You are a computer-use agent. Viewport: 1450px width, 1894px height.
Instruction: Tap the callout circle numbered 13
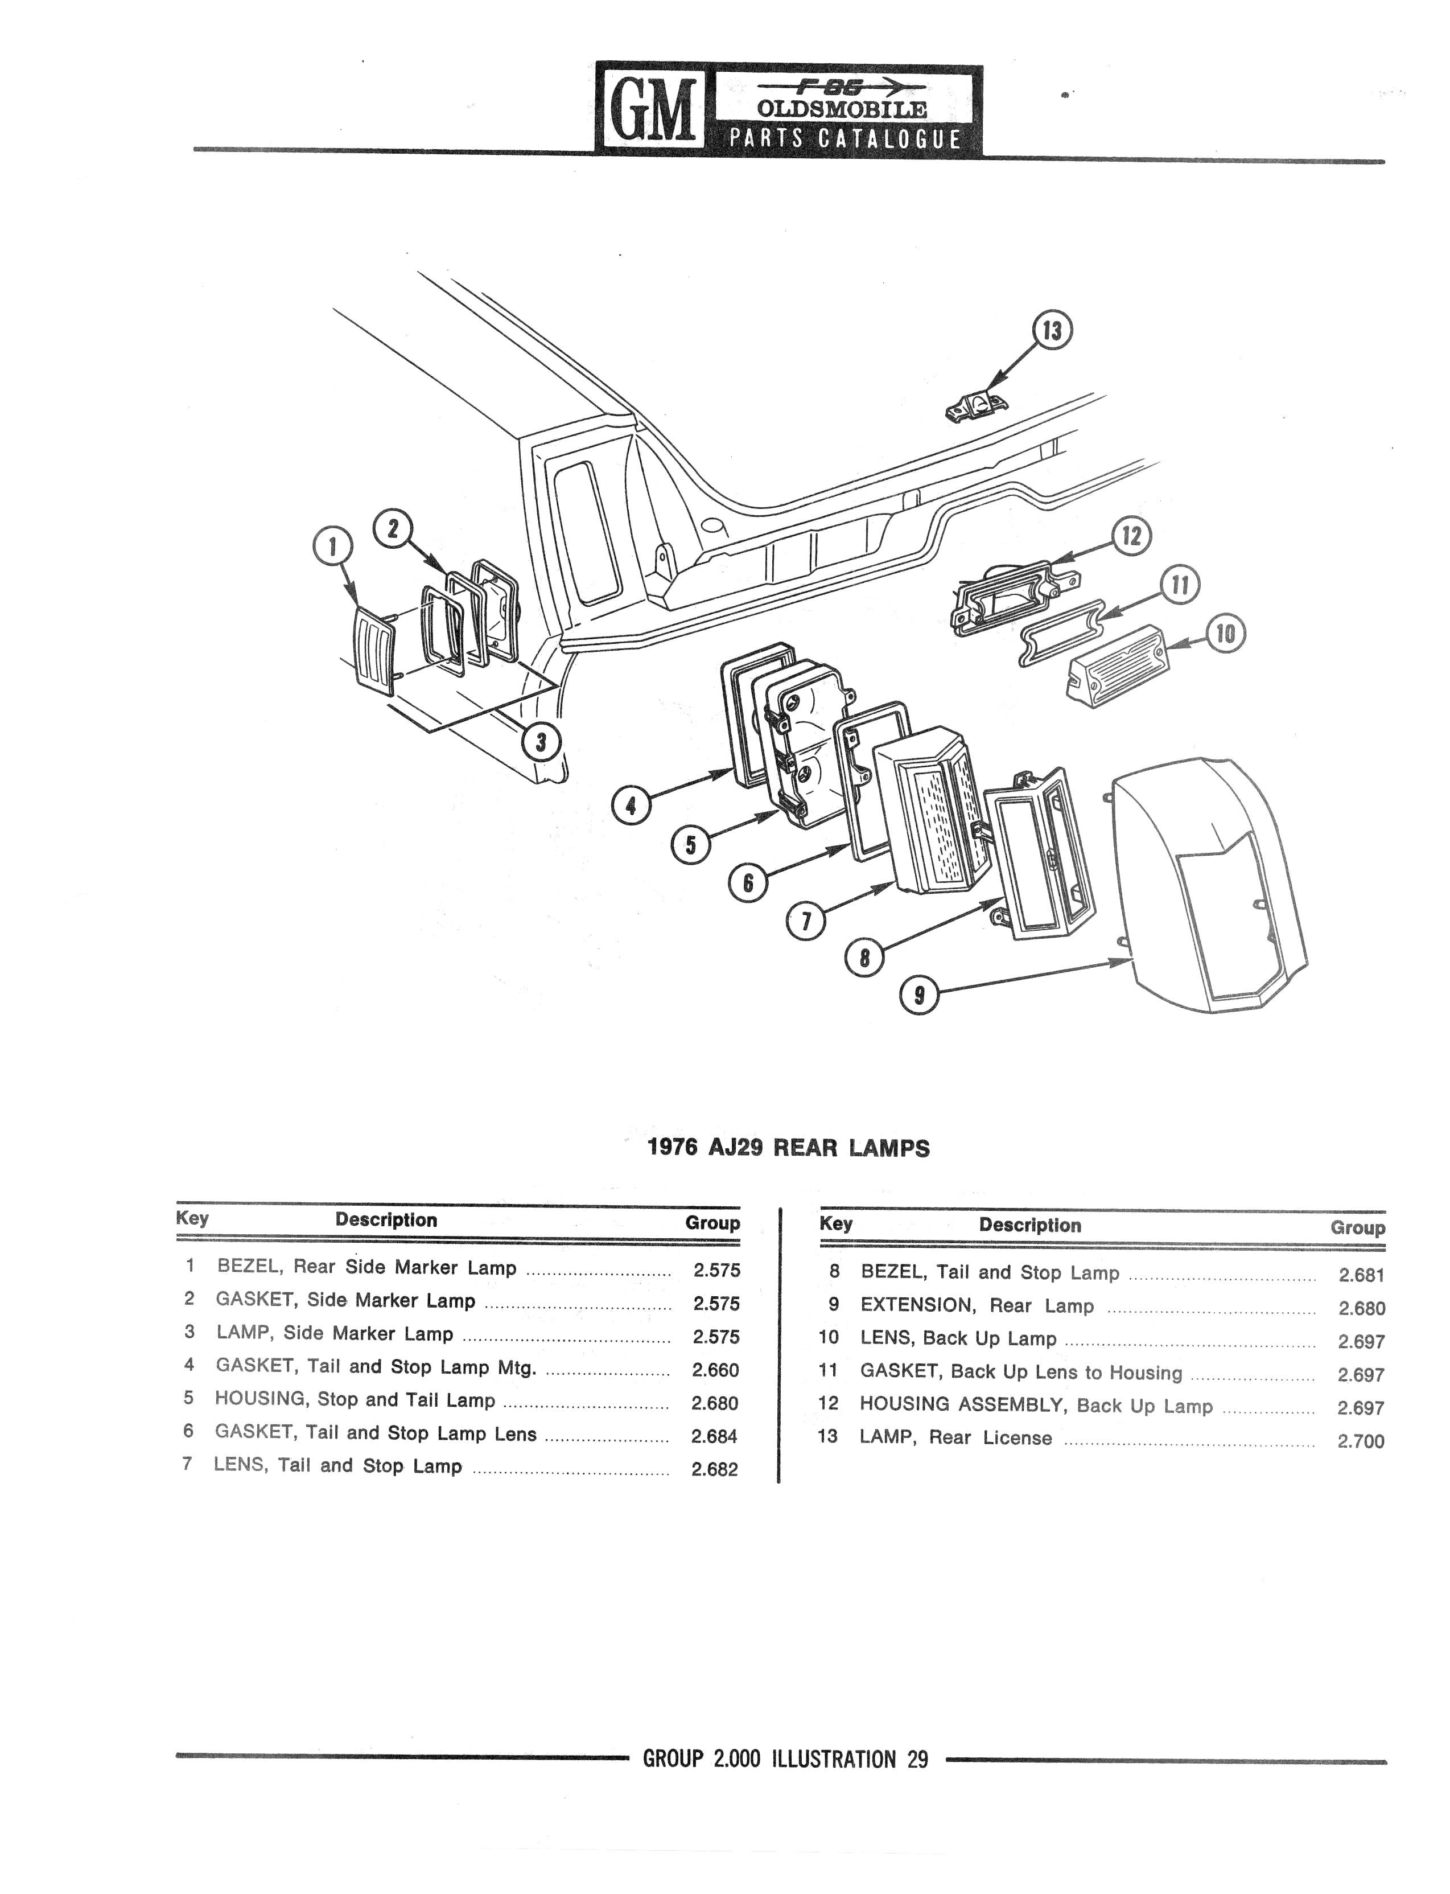coord(1052,331)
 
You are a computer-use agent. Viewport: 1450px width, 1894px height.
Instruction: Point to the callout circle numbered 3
coord(541,742)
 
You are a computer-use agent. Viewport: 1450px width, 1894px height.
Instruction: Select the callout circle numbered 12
coord(1131,537)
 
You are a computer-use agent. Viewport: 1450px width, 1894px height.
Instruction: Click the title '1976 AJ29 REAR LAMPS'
coord(788,1148)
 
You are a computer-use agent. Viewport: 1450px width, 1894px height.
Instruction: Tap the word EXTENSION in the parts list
coord(917,1305)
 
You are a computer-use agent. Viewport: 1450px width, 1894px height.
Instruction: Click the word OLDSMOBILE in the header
coord(842,110)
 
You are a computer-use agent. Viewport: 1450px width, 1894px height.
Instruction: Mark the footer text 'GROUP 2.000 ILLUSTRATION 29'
coord(785,1759)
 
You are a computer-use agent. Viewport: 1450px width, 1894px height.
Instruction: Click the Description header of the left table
coord(386,1220)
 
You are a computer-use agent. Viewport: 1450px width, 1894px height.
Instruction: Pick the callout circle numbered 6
coord(747,883)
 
